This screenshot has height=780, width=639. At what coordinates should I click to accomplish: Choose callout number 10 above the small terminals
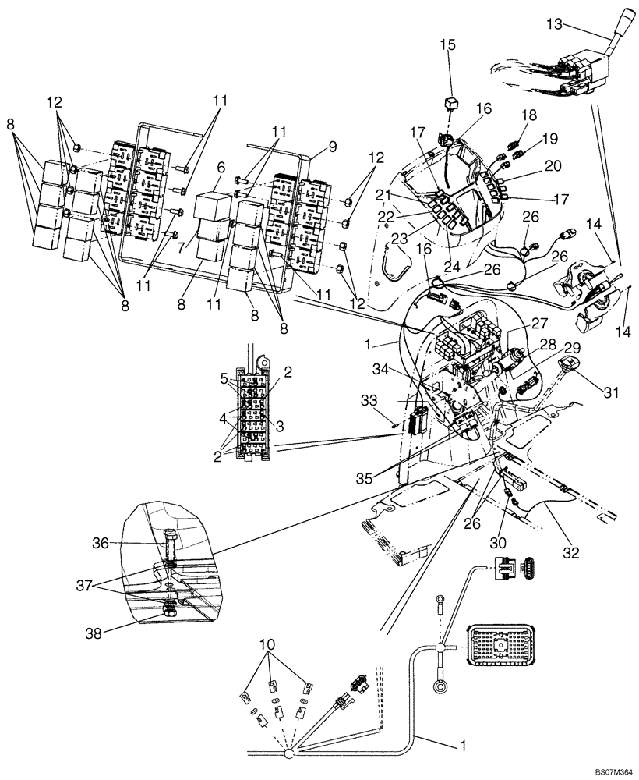[267, 645]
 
